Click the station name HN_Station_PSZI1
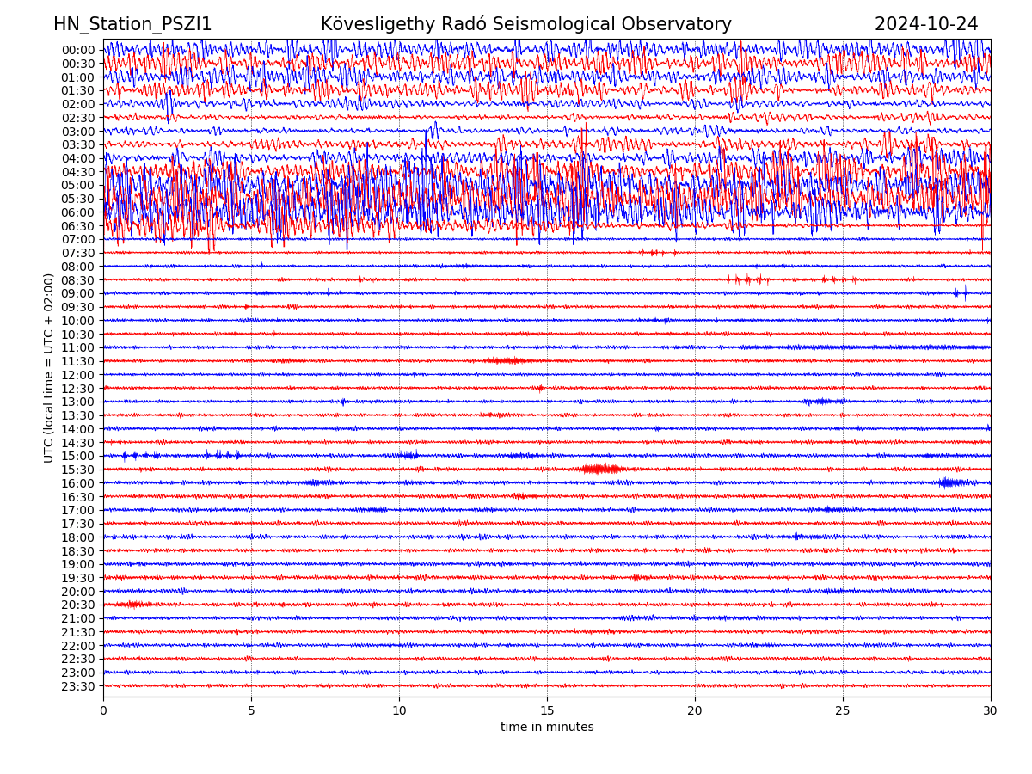132,24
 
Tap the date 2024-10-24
926,24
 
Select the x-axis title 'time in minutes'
547,727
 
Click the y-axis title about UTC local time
49,368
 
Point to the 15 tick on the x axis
547,711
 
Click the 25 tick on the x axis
843,711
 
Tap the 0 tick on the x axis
103,711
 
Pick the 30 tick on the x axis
991,711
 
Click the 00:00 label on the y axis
78,50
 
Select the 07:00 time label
78,239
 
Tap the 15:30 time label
78,470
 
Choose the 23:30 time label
78,686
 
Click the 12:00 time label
78,375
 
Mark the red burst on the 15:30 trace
601,469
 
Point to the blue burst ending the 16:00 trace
950,482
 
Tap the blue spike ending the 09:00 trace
964,293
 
